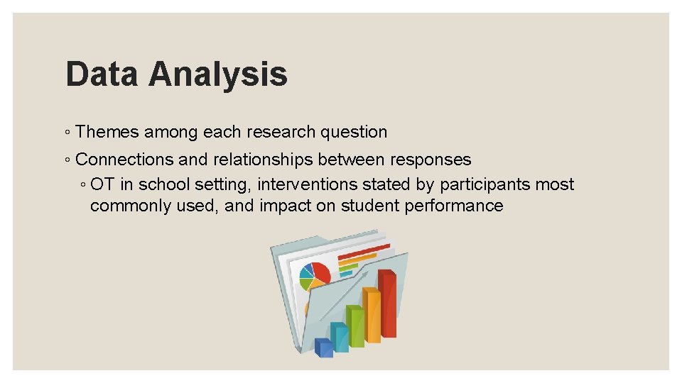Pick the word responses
pyautogui.click(x=431, y=160)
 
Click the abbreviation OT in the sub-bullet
pyautogui.click(x=103, y=184)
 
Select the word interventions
pyautogui.click(x=307, y=184)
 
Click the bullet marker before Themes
pyautogui.click(x=66, y=133)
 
